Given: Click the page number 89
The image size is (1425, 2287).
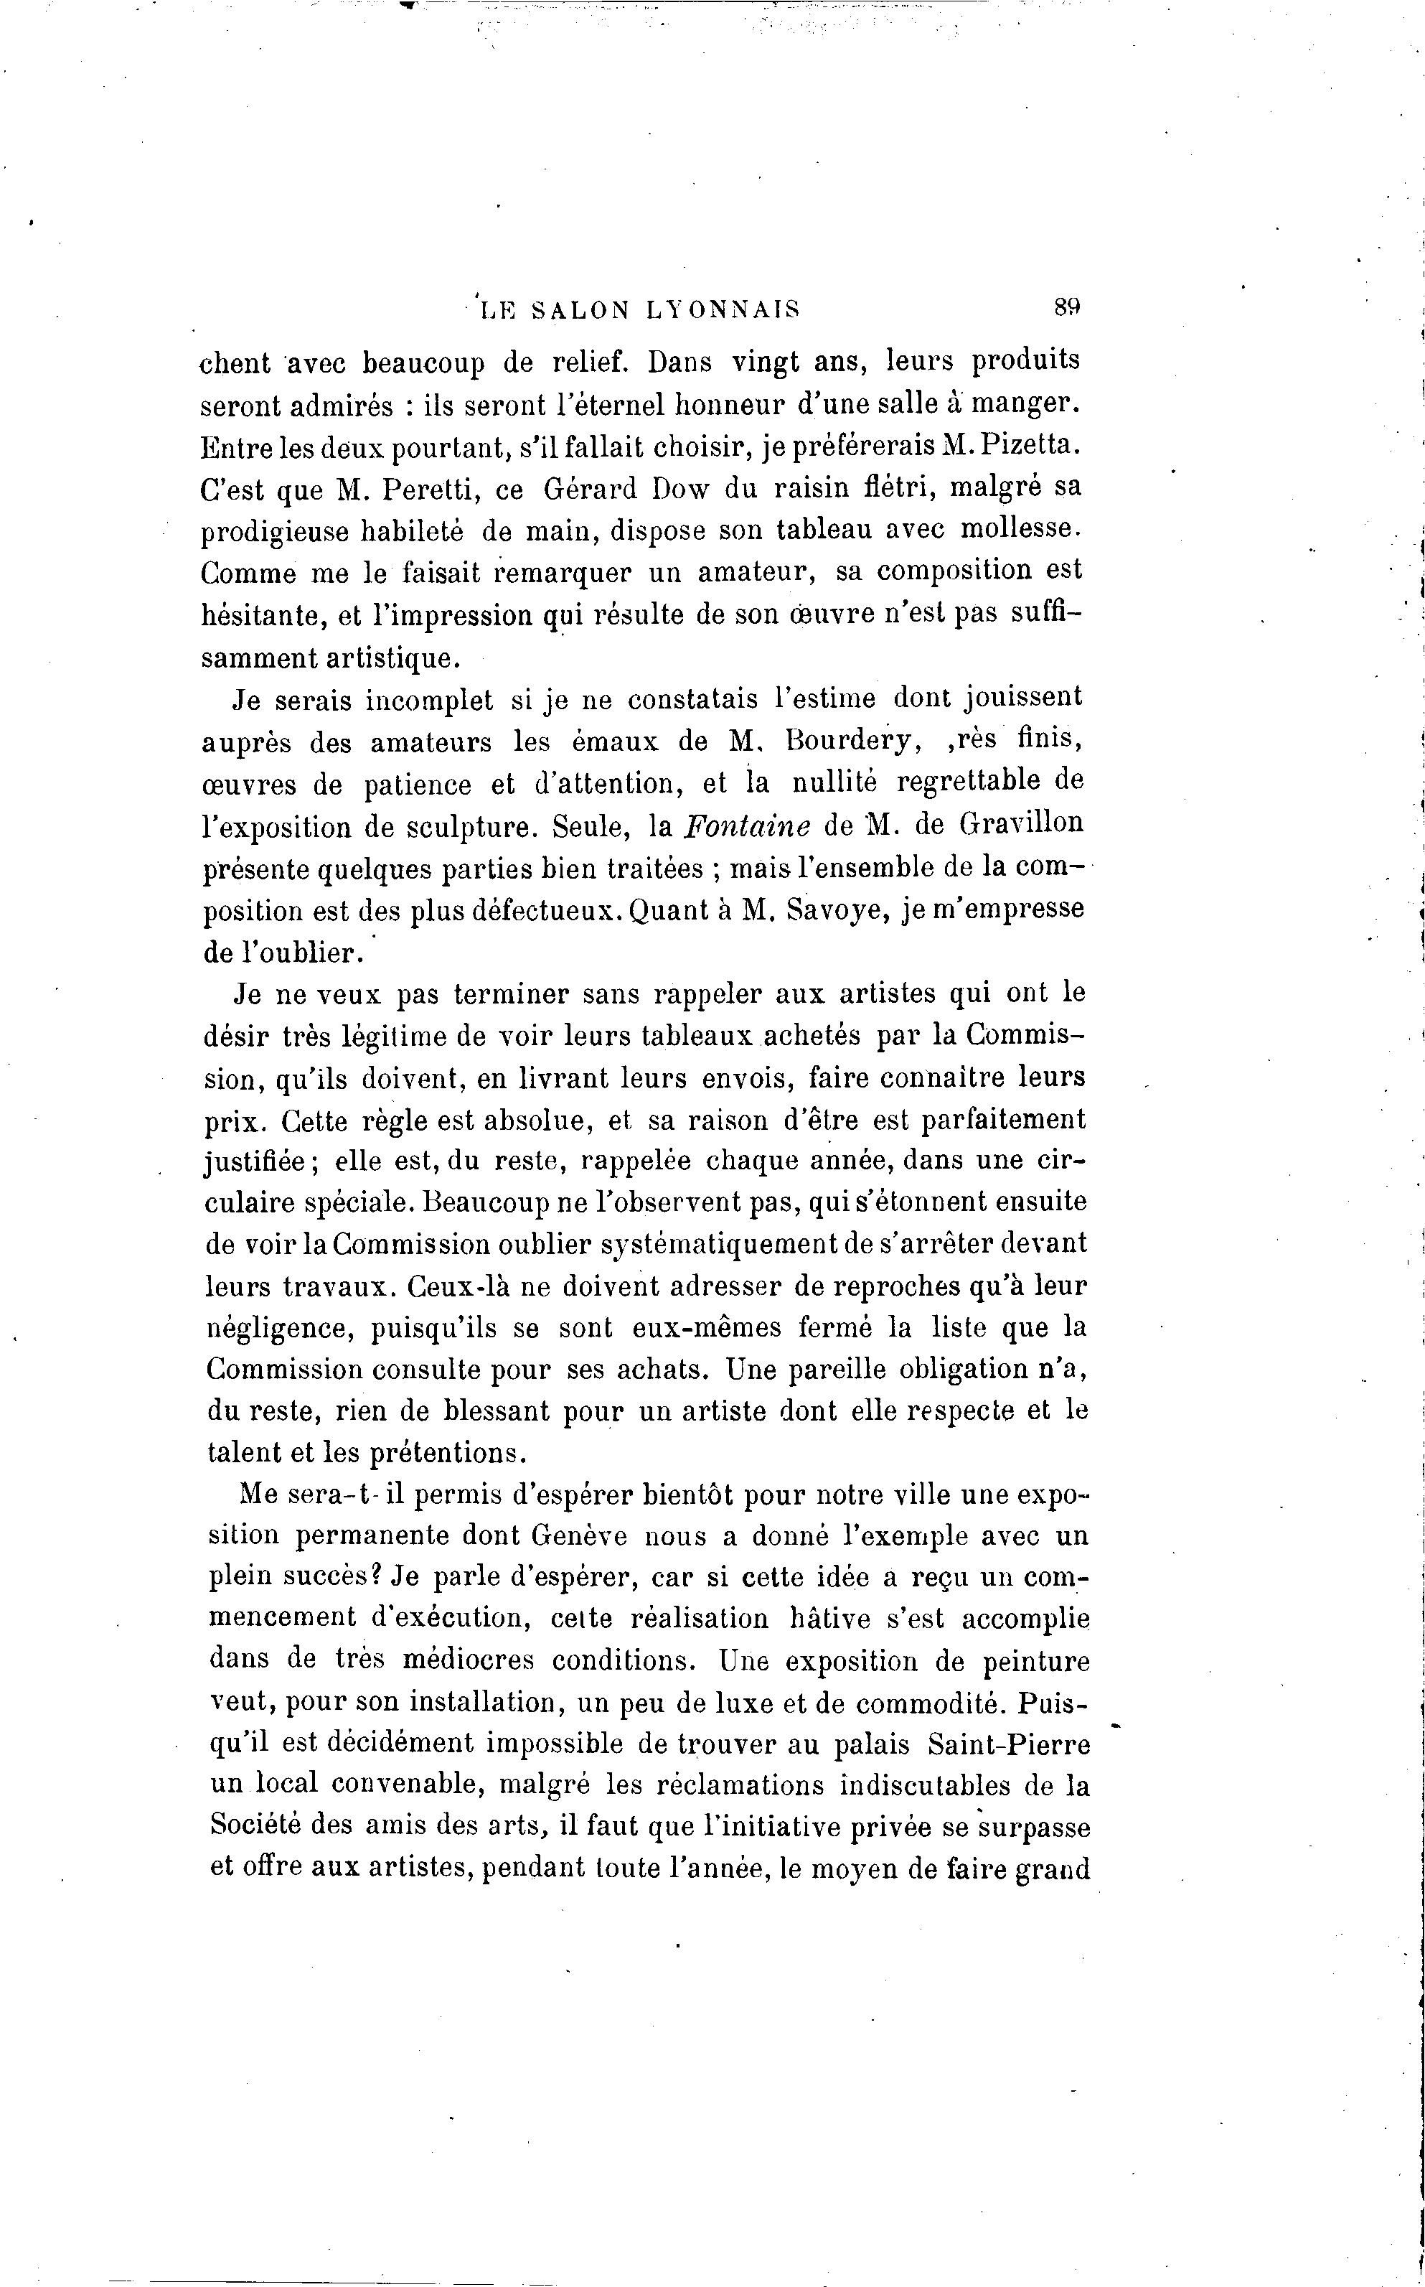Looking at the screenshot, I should [x=1066, y=307].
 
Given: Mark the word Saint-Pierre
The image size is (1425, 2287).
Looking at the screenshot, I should [x=1010, y=1744].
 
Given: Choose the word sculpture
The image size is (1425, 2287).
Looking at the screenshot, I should [x=469, y=828].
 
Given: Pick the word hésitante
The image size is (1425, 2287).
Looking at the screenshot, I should [x=261, y=616].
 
